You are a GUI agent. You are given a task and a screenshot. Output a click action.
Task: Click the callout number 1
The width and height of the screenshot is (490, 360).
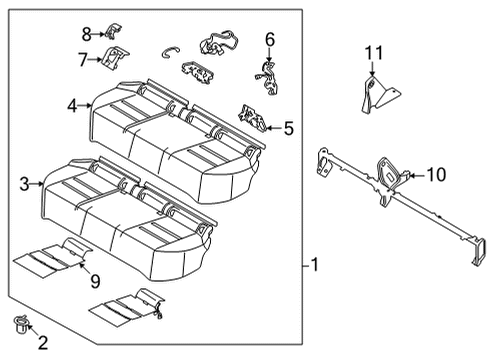coord(315,265)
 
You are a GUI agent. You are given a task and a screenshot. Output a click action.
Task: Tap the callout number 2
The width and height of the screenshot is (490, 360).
coord(42,344)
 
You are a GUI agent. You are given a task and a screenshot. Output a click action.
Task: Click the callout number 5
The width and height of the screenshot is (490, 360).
coord(288,128)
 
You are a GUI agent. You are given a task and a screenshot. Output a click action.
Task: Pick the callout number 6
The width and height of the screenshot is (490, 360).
coord(269,39)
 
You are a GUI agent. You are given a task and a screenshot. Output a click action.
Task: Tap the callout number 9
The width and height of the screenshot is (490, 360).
coord(95,283)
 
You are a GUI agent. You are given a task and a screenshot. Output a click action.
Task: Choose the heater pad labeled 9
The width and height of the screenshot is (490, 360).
coord(55,258)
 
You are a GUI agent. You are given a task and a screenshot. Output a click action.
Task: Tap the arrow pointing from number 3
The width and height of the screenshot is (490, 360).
coord(38,184)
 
